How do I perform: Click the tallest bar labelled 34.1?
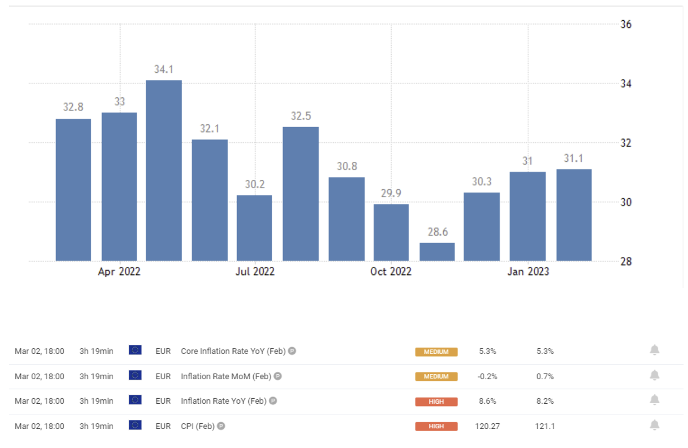click(x=164, y=170)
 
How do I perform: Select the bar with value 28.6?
click(x=437, y=252)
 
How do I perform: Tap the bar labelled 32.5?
click(x=301, y=194)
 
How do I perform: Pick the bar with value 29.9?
click(x=391, y=232)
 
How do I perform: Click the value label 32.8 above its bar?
click(x=73, y=107)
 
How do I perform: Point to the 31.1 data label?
click(x=574, y=158)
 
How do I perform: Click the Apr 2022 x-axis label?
click(x=119, y=272)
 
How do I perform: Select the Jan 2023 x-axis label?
click(x=528, y=272)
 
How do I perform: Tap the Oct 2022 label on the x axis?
click(x=391, y=272)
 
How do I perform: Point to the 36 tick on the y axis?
click(x=626, y=25)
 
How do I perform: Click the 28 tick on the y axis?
click(x=626, y=262)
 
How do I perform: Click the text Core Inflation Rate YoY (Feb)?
click(x=233, y=351)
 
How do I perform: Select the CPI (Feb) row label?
click(x=198, y=426)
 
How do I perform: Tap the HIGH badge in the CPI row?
click(x=436, y=427)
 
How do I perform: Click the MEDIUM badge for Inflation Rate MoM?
click(x=436, y=377)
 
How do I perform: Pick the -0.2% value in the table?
click(x=487, y=376)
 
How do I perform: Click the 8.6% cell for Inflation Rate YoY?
click(x=487, y=401)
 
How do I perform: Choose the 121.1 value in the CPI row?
click(x=545, y=426)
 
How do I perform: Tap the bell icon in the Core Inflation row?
click(x=654, y=351)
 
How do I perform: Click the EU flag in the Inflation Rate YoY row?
click(x=135, y=400)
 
